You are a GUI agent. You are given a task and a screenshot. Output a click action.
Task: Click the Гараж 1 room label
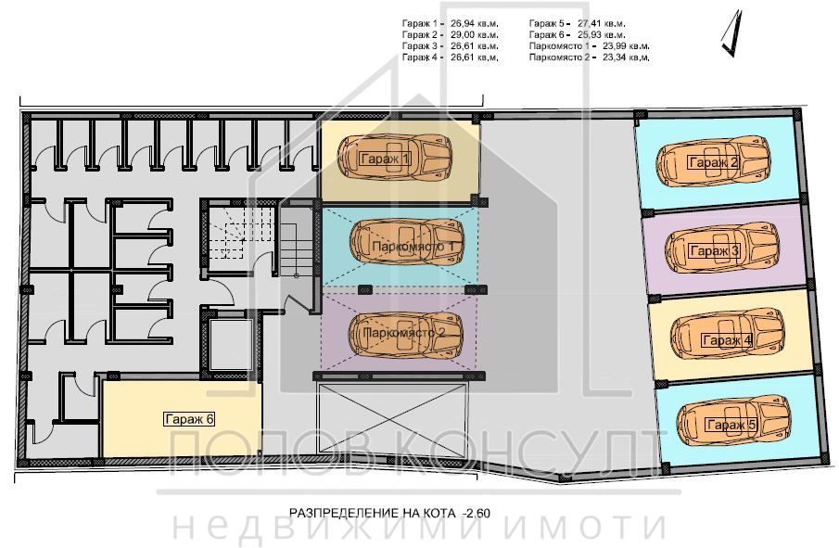[x=384, y=159]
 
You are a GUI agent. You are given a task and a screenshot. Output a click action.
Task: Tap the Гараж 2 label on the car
[x=713, y=163]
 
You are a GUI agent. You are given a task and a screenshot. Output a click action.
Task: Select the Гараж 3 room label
[x=713, y=251]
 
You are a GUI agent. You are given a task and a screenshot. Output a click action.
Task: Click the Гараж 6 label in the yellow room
[x=189, y=418]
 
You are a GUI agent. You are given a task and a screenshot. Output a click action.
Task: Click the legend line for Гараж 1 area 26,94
[x=450, y=22]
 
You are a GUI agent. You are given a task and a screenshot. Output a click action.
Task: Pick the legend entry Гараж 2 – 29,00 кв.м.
[x=450, y=33]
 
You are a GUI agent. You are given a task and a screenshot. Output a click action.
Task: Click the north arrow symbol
[x=732, y=32]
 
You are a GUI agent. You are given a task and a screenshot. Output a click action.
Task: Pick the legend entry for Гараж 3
[x=450, y=45]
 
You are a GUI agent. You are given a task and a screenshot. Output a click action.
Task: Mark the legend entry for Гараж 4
[x=450, y=57]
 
